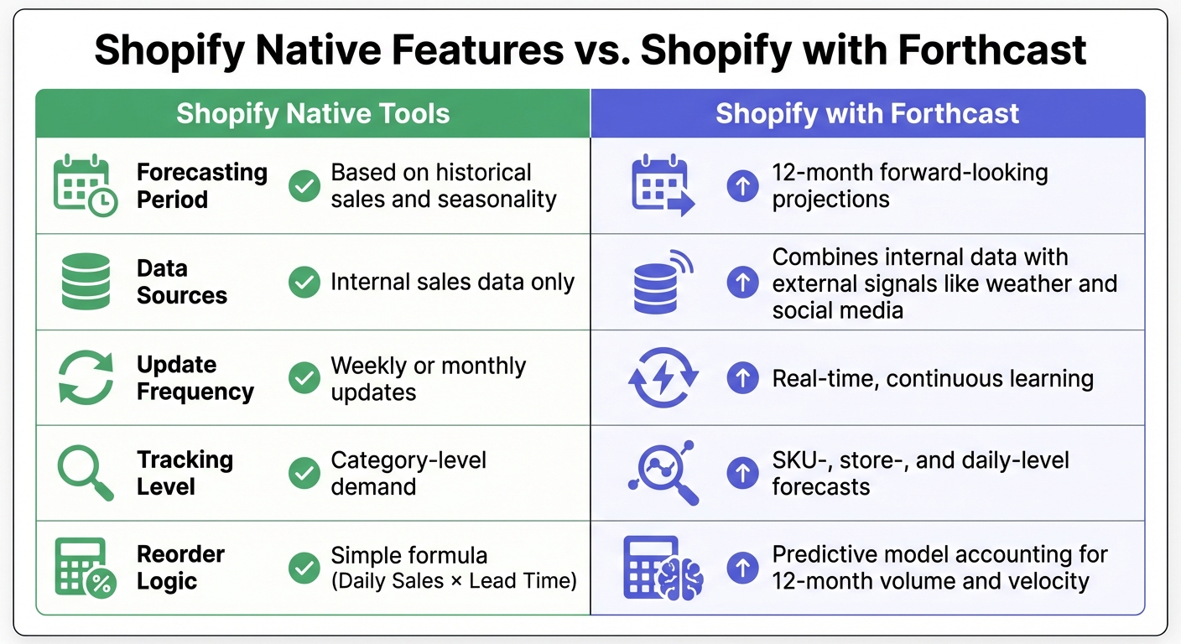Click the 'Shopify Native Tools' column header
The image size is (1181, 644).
pyautogui.click(x=313, y=114)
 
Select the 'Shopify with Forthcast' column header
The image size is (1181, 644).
pyautogui.click(x=867, y=114)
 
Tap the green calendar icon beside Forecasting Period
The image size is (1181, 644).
pyautogui.click(x=85, y=186)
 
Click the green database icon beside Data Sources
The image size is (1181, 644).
pyautogui.click(x=86, y=282)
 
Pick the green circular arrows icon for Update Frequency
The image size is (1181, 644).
pyautogui.click(x=86, y=377)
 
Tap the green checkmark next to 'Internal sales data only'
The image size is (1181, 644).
pyautogui.click(x=304, y=283)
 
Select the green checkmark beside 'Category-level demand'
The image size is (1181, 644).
pyautogui.click(x=304, y=474)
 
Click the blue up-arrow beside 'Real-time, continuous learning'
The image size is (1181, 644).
pyautogui.click(x=742, y=378)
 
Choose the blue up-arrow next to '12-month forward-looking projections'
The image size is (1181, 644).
pyautogui.click(x=742, y=186)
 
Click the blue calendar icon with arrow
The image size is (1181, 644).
pyautogui.click(x=663, y=186)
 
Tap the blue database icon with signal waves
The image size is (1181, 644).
pyautogui.click(x=663, y=282)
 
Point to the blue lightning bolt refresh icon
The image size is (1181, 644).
pyautogui.click(x=663, y=378)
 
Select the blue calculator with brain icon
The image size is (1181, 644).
pyautogui.click(x=663, y=569)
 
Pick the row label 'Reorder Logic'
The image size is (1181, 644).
pyautogui.click(x=180, y=568)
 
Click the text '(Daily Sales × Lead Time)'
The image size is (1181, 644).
pyautogui.click(x=454, y=581)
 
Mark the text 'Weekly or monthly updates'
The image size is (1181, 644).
pyautogui.click(x=428, y=378)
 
